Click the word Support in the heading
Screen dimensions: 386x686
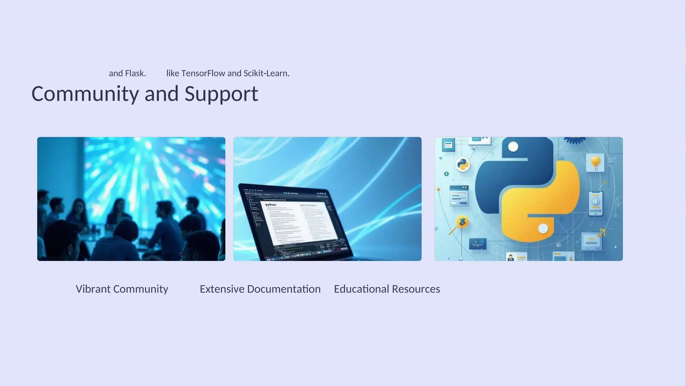click(x=221, y=94)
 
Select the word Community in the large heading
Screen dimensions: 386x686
click(x=85, y=94)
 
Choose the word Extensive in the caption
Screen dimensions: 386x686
click(x=222, y=289)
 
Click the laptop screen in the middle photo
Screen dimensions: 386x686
click(x=295, y=221)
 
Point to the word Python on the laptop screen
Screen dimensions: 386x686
click(x=271, y=205)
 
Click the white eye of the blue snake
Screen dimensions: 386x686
click(x=513, y=147)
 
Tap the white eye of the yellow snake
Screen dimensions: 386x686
click(x=543, y=229)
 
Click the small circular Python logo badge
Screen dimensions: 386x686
click(x=463, y=165)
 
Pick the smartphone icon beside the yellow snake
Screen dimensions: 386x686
click(x=596, y=203)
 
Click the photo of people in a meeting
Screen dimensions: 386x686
click(x=131, y=199)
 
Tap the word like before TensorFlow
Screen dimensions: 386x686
click(x=173, y=73)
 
